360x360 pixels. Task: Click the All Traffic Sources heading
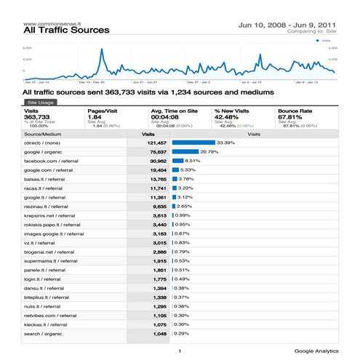coord(66,31)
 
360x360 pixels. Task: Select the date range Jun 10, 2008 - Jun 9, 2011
coord(287,25)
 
